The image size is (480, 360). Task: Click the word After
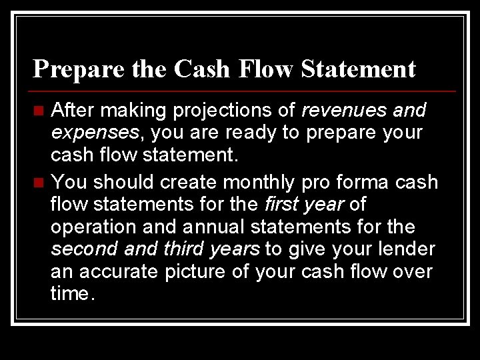point(73,109)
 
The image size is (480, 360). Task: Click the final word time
point(72,295)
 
